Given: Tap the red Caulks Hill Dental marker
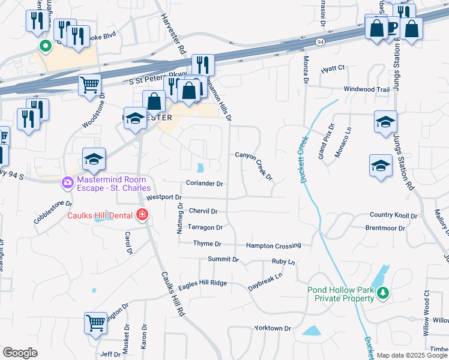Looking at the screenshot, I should [x=142, y=214].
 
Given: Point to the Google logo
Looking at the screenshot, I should [x=20, y=352].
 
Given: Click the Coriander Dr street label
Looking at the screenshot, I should [x=205, y=184].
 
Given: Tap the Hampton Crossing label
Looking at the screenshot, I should [x=273, y=245].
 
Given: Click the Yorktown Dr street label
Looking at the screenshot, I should [x=273, y=329].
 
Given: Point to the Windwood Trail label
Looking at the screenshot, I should [x=366, y=89].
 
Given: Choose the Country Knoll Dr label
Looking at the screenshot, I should [x=393, y=215].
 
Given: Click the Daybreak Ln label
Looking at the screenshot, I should [x=265, y=283].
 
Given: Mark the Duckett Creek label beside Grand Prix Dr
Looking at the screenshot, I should [x=303, y=158].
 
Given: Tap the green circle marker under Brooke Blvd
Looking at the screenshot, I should [x=44, y=45].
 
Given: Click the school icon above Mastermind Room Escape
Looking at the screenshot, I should [x=94, y=158].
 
